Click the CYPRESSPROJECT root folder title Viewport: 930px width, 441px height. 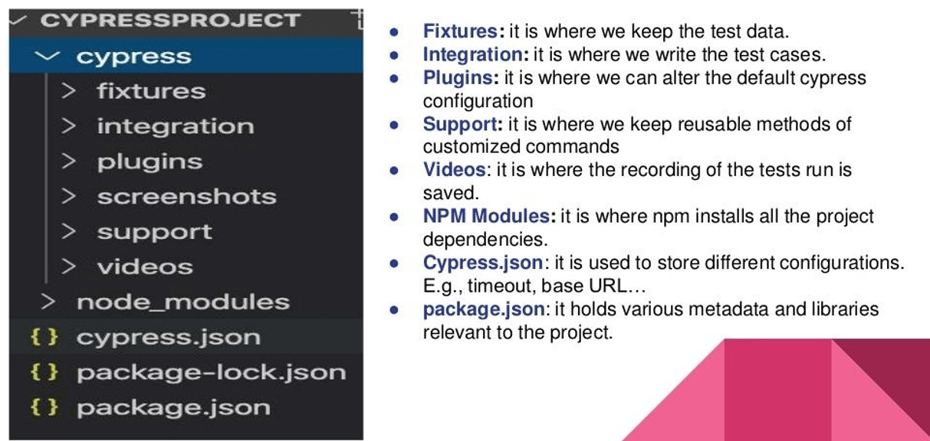tap(170, 21)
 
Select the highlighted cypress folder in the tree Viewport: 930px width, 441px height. tap(133, 57)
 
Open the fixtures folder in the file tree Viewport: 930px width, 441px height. tap(151, 92)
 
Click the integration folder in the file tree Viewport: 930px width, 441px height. tap(175, 126)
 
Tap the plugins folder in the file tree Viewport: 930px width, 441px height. tap(150, 162)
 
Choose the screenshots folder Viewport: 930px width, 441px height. tap(186, 197)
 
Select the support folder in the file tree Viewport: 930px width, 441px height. tap(154, 232)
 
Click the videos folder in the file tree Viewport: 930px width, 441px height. tap(144, 267)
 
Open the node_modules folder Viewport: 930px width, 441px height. tap(182, 302)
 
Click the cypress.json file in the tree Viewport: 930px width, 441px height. tap(168, 338)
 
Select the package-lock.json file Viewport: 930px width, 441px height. tap(211, 373)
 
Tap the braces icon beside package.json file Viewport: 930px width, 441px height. tap(44, 407)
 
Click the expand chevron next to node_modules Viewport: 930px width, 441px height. tap(49, 302)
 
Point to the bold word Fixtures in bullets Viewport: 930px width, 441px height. tap(460, 32)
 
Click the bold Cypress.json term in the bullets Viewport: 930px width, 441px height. tap(482, 263)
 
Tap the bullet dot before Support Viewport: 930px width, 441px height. tap(394, 125)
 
